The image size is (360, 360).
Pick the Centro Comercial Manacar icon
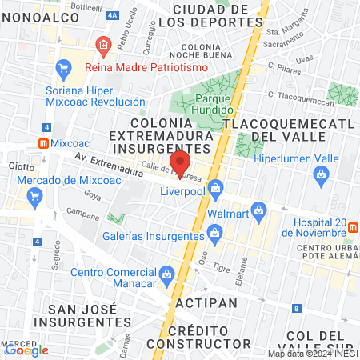(166, 274)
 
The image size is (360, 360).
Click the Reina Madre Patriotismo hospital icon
(102, 45)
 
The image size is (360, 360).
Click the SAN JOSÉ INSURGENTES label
(78, 315)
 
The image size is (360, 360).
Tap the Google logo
(26, 350)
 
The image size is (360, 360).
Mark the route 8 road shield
(297, 308)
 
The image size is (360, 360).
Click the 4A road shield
(111, 15)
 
